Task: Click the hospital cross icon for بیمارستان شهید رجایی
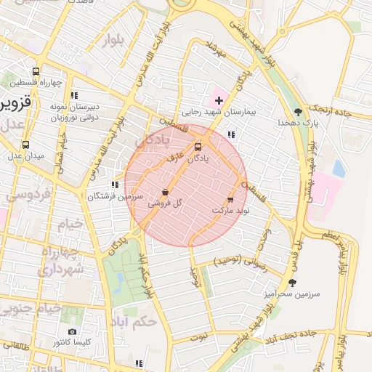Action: click(219, 99)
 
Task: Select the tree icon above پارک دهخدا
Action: click(299, 112)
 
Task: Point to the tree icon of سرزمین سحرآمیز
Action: click(293, 283)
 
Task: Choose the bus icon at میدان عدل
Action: click(26, 145)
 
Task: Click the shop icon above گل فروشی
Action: click(165, 193)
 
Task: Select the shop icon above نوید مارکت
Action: click(230, 198)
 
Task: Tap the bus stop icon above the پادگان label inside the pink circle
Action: click(198, 146)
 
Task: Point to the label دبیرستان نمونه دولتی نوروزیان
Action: click(73, 111)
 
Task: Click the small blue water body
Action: click(339, 168)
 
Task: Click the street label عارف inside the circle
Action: click(175, 155)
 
